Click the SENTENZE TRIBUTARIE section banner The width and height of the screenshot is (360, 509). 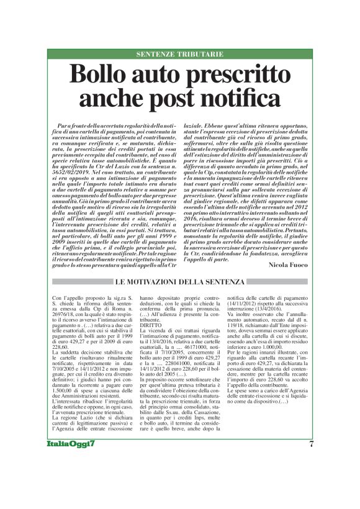point(180,55)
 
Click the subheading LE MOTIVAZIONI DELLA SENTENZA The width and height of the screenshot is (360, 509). point(179,283)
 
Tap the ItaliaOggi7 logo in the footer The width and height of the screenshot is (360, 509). point(72,461)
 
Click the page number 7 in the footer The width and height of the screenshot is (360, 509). point(311,461)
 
